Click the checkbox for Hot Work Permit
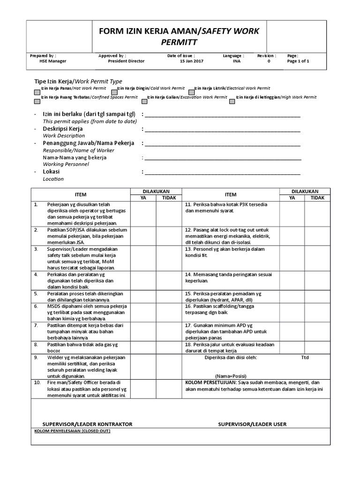click(37, 91)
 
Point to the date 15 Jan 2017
click(192, 61)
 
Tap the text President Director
click(126, 61)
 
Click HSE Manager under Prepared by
click(53, 61)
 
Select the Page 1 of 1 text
click(298, 61)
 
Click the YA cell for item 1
click(143, 214)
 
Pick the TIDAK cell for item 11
click(317, 214)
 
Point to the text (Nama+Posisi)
click(231, 376)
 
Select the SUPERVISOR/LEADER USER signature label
click(252, 424)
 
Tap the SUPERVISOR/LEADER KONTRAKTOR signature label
click(87, 424)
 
